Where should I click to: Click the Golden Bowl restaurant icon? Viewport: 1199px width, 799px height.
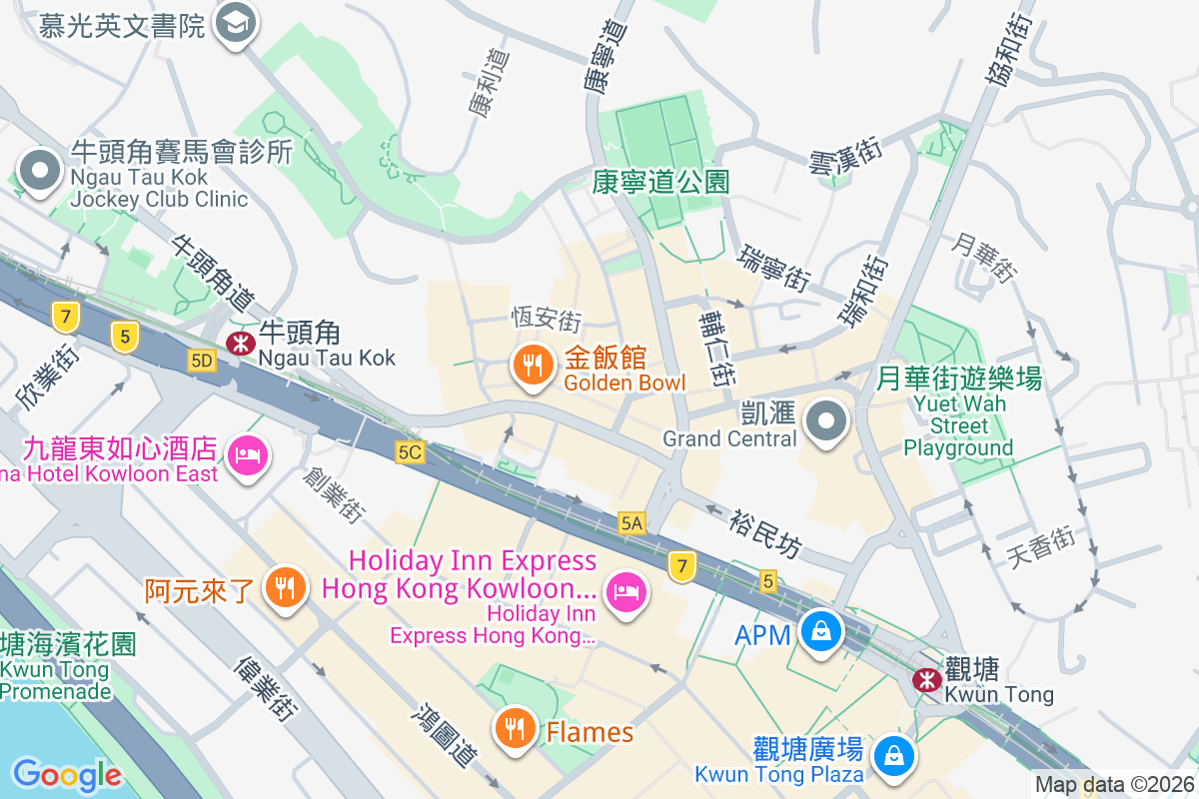534,366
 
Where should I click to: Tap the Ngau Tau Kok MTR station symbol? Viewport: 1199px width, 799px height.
240,344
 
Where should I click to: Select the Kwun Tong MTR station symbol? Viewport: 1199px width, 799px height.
926,680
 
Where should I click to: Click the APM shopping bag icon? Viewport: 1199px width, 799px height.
820,632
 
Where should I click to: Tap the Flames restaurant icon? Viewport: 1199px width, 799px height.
516,729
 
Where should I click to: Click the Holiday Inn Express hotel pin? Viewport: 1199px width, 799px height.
626,593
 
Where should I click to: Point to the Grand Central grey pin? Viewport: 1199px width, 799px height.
826,421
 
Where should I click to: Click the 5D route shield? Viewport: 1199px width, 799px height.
202,361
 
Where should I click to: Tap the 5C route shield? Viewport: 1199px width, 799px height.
410,452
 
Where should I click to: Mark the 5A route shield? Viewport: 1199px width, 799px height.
631,522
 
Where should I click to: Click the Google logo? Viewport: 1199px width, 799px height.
67,774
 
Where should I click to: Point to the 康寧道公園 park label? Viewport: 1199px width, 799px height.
660,182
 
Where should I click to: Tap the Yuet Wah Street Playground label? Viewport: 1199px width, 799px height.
958,412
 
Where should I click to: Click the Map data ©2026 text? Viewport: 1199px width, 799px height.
1114,785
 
